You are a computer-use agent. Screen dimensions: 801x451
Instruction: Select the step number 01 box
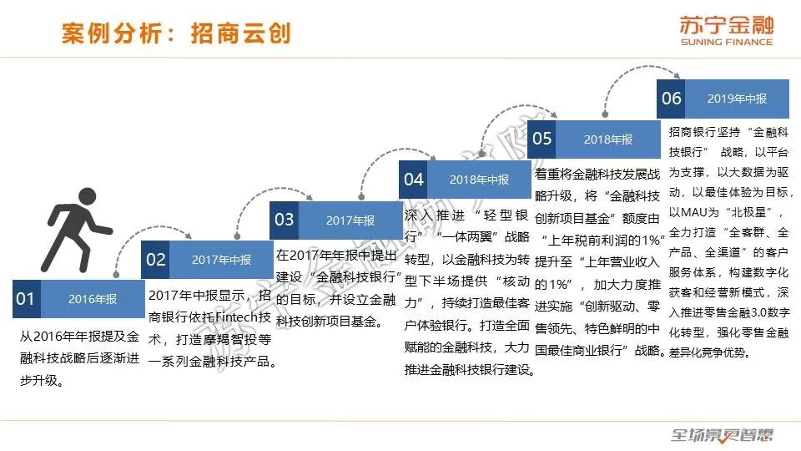click(x=27, y=299)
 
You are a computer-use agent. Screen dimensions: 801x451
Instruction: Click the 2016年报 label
click(x=92, y=299)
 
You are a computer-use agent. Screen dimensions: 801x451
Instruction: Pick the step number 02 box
click(x=156, y=260)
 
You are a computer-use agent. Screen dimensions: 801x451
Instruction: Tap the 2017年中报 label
click(x=221, y=260)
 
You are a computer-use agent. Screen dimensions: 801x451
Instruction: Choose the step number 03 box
click(x=285, y=220)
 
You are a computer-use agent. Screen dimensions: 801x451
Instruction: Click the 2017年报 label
click(x=350, y=220)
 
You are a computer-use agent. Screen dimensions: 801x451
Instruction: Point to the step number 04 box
click(x=414, y=180)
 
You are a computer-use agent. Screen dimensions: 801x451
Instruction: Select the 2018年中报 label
click(x=479, y=180)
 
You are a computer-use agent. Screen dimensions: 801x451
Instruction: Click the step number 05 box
click(x=542, y=139)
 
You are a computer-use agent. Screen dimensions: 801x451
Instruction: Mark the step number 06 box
click(x=672, y=99)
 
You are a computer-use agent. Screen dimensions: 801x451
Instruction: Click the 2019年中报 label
click(x=737, y=99)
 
